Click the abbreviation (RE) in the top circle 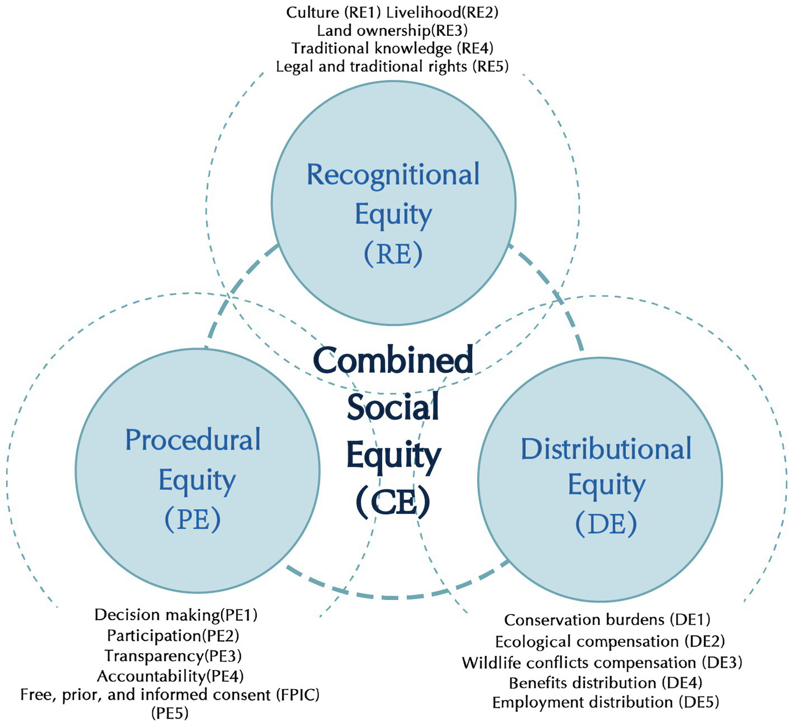pyautogui.click(x=393, y=254)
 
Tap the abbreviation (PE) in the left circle pyautogui.click(x=193, y=519)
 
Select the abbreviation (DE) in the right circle pyautogui.click(x=606, y=524)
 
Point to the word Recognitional pyautogui.click(x=393, y=175)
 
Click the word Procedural pyautogui.click(x=193, y=440)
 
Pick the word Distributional pyautogui.click(x=606, y=449)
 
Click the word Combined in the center pyautogui.click(x=393, y=360)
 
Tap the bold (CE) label pyautogui.click(x=393, y=502)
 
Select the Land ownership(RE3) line pyautogui.click(x=392, y=30)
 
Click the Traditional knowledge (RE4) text pyautogui.click(x=392, y=48)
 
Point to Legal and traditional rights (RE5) pyautogui.click(x=392, y=67)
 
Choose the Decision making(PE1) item pyautogui.click(x=176, y=615)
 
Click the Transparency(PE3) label pyautogui.click(x=173, y=655)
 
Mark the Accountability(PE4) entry pyautogui.click(x=170, y=676)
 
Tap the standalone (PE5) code pyautogui.click(x=170, y=713)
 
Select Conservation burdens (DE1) pyautogui.click(x=607, y=620)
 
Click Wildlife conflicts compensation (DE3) pyautogui.click(x=602, y=663)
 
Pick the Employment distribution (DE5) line pyautogui.click(x=606, y=702)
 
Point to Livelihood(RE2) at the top pyautogui.click(x=442, y=12)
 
